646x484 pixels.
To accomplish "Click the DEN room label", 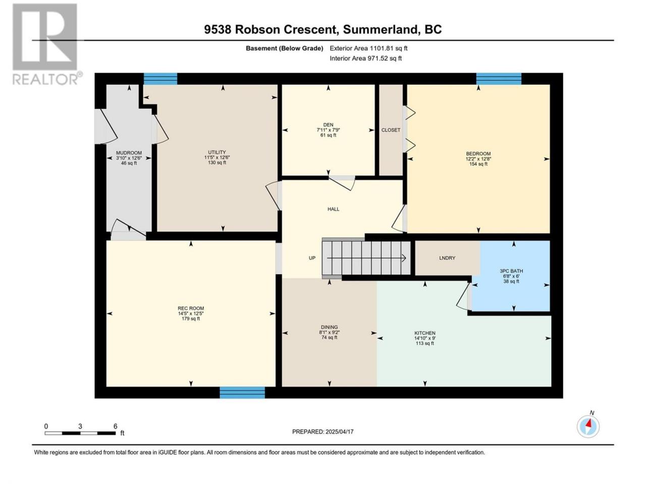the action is (328, 125).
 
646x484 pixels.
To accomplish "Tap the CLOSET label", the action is (391, 130).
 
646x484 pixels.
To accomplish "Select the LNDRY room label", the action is (447, 258).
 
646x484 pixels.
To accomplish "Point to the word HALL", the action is (333, 209).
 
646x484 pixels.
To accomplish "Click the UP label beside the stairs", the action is (312, 258).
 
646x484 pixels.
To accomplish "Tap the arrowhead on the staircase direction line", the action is (404, 258).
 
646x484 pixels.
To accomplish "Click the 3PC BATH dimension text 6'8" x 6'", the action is (511, 276).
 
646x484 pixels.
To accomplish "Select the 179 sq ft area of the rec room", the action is (191, 319).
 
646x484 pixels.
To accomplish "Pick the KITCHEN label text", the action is (424, 333).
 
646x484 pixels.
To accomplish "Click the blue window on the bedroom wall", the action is (499, 79).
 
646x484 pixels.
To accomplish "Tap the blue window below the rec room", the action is (242, 393).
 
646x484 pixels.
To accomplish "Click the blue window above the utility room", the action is (160, 79).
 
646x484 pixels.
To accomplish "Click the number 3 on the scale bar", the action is (80, 427).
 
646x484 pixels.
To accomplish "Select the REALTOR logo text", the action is (45, 79).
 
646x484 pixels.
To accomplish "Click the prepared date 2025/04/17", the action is (339, 432).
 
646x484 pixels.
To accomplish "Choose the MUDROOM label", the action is (129, 153).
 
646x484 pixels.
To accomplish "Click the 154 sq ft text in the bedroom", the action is (478, 164).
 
